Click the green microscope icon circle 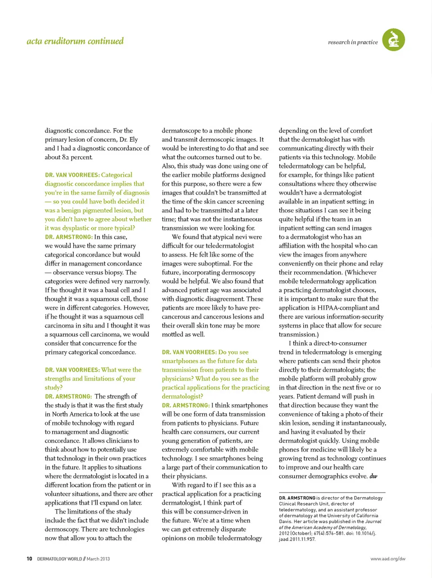pos(393,40)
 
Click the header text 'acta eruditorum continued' pos(75,41)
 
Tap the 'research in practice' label pos(353,42)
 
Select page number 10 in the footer pos(29,559)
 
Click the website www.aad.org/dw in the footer pos(387,559)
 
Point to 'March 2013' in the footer pos(98,559)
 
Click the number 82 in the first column pos(66,157)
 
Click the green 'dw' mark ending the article pos(373,476)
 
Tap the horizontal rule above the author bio pos(332,492)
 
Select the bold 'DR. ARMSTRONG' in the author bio pos(297,498)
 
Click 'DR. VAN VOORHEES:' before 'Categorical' pos(72,175)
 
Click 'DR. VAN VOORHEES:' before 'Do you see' pos(189,352)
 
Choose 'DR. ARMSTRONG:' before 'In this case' pos(68,237)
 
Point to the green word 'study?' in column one pos(54,387)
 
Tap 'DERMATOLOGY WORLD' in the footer pos(59,559)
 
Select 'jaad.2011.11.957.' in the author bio pos(297,539)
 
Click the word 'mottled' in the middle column pos(173,334)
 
